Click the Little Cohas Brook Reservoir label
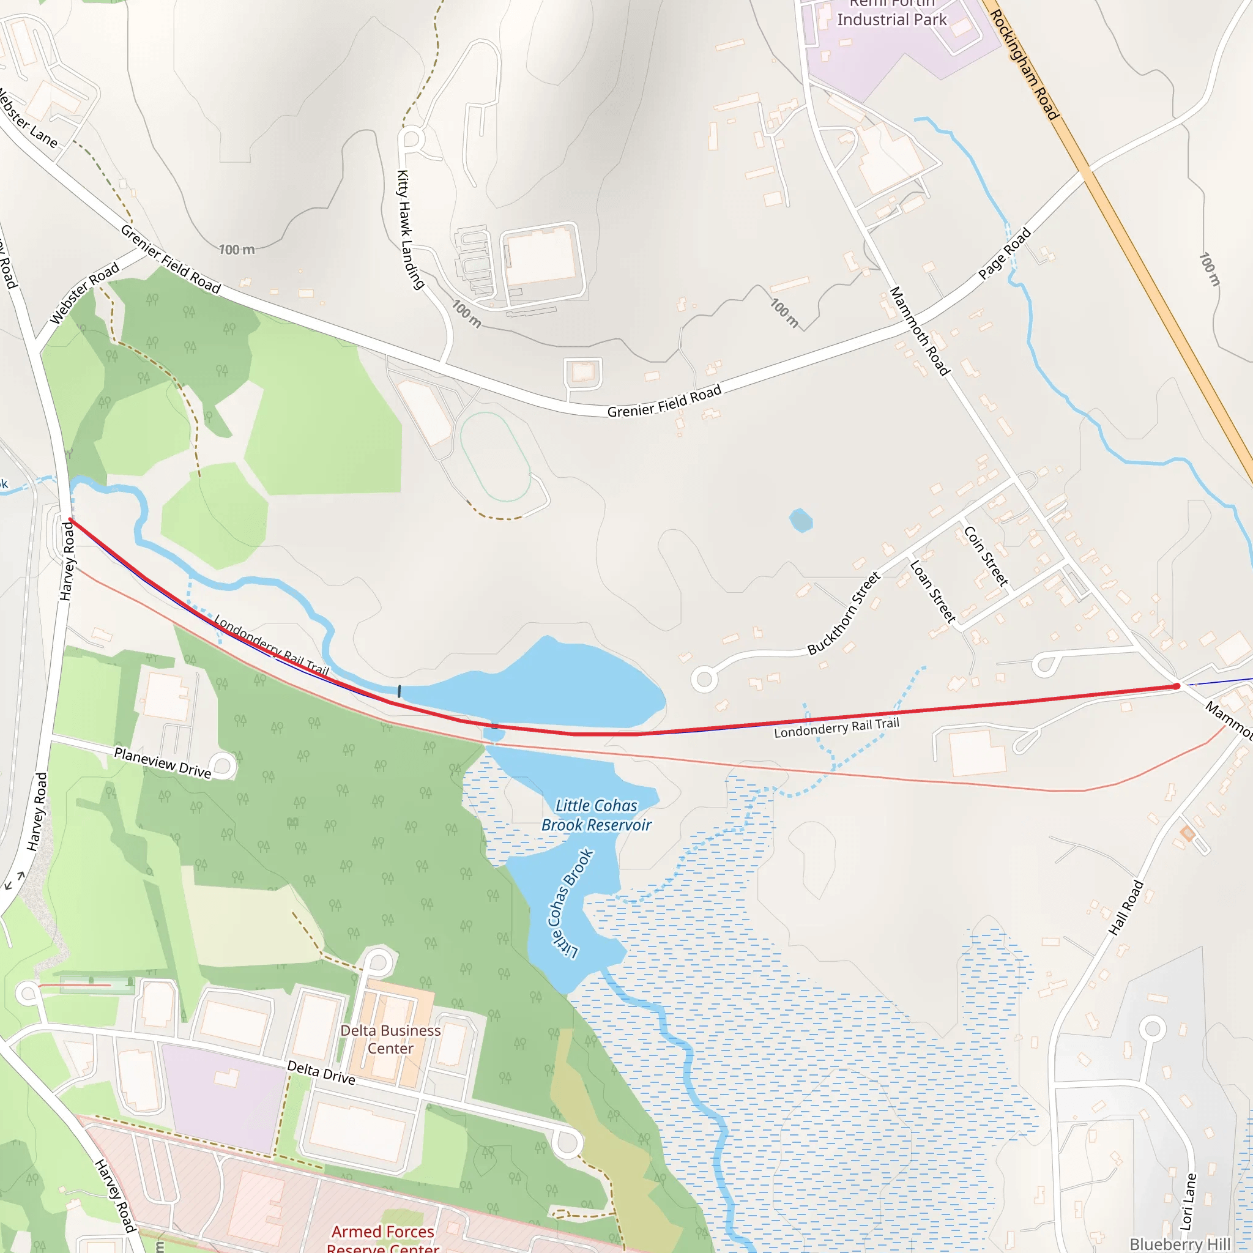tap(596, 815)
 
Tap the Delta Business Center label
tap(390, 1039)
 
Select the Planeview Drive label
tap(162, 763)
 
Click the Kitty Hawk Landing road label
tap(410, 229)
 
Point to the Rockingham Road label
tap(1024, 64)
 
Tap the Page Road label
tap(1004, 253)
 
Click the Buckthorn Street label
tap(843, 613)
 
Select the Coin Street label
tap(986, 556)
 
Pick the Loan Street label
tap(932, 592)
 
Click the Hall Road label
tap(1125, 907)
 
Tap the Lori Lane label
tap(1188, 1201)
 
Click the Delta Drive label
tap(321, 1073)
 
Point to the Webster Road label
tap(84, 293)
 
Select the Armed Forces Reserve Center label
tap(382, 1238)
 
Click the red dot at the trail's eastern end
tap(1177, 686)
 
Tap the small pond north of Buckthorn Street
tap(801, 520)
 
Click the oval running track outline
tap(496, 456)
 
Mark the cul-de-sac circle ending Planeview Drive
tap(223, 766)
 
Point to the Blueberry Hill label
tap(1180, 1244)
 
